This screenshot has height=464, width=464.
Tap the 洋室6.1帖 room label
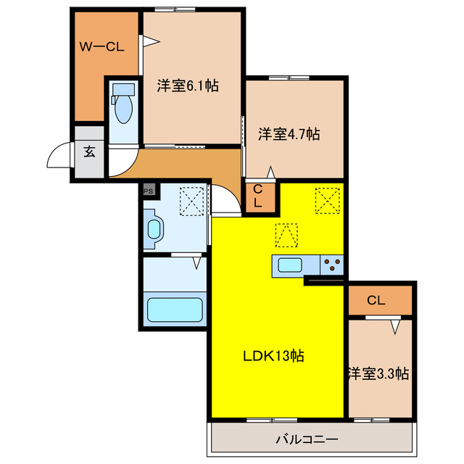pos(188,86)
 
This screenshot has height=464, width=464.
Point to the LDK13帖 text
pos(273,356)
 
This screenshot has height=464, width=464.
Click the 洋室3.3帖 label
pos(378,374)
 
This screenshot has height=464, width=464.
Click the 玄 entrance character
pos(88,153)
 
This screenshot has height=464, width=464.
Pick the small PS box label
pos(149,191)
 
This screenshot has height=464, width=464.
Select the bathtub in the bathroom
pos(174,310)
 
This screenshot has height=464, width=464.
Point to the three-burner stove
pos(332,265)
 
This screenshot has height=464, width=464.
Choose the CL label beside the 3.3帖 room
pos(375,300)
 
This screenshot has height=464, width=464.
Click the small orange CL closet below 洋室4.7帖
pos(257,197)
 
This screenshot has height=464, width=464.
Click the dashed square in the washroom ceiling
pos(191,202)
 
